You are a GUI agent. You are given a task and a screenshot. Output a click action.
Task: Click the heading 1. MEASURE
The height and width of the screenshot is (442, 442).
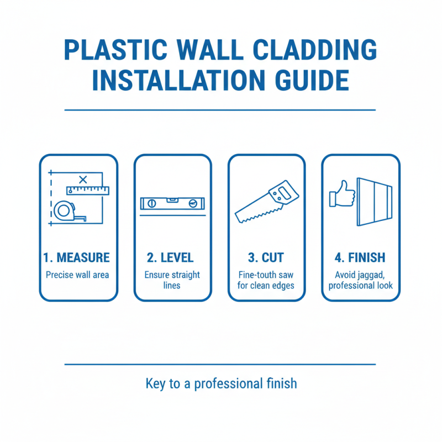click(76, 258)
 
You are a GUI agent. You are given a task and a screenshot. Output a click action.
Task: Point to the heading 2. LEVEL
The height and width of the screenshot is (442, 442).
click(170, 258)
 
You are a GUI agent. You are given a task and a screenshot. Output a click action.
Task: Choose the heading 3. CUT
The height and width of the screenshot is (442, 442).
click(267, 258)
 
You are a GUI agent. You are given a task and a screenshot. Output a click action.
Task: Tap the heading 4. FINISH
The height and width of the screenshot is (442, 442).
click(360, 258)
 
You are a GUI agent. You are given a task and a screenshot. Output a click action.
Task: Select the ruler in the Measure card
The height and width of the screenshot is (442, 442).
click(88, 191)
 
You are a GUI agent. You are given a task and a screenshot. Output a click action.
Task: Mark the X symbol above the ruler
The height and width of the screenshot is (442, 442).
click(83, 179)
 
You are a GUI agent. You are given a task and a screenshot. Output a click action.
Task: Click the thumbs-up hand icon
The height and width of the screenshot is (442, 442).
click(341, 194)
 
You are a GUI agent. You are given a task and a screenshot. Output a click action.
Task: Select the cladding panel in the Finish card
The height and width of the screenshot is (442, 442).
click(375, 202)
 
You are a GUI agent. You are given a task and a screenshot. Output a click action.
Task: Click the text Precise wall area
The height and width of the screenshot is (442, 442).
click(76, 275)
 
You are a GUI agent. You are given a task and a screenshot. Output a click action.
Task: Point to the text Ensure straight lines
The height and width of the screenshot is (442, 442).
click(172, 280)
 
